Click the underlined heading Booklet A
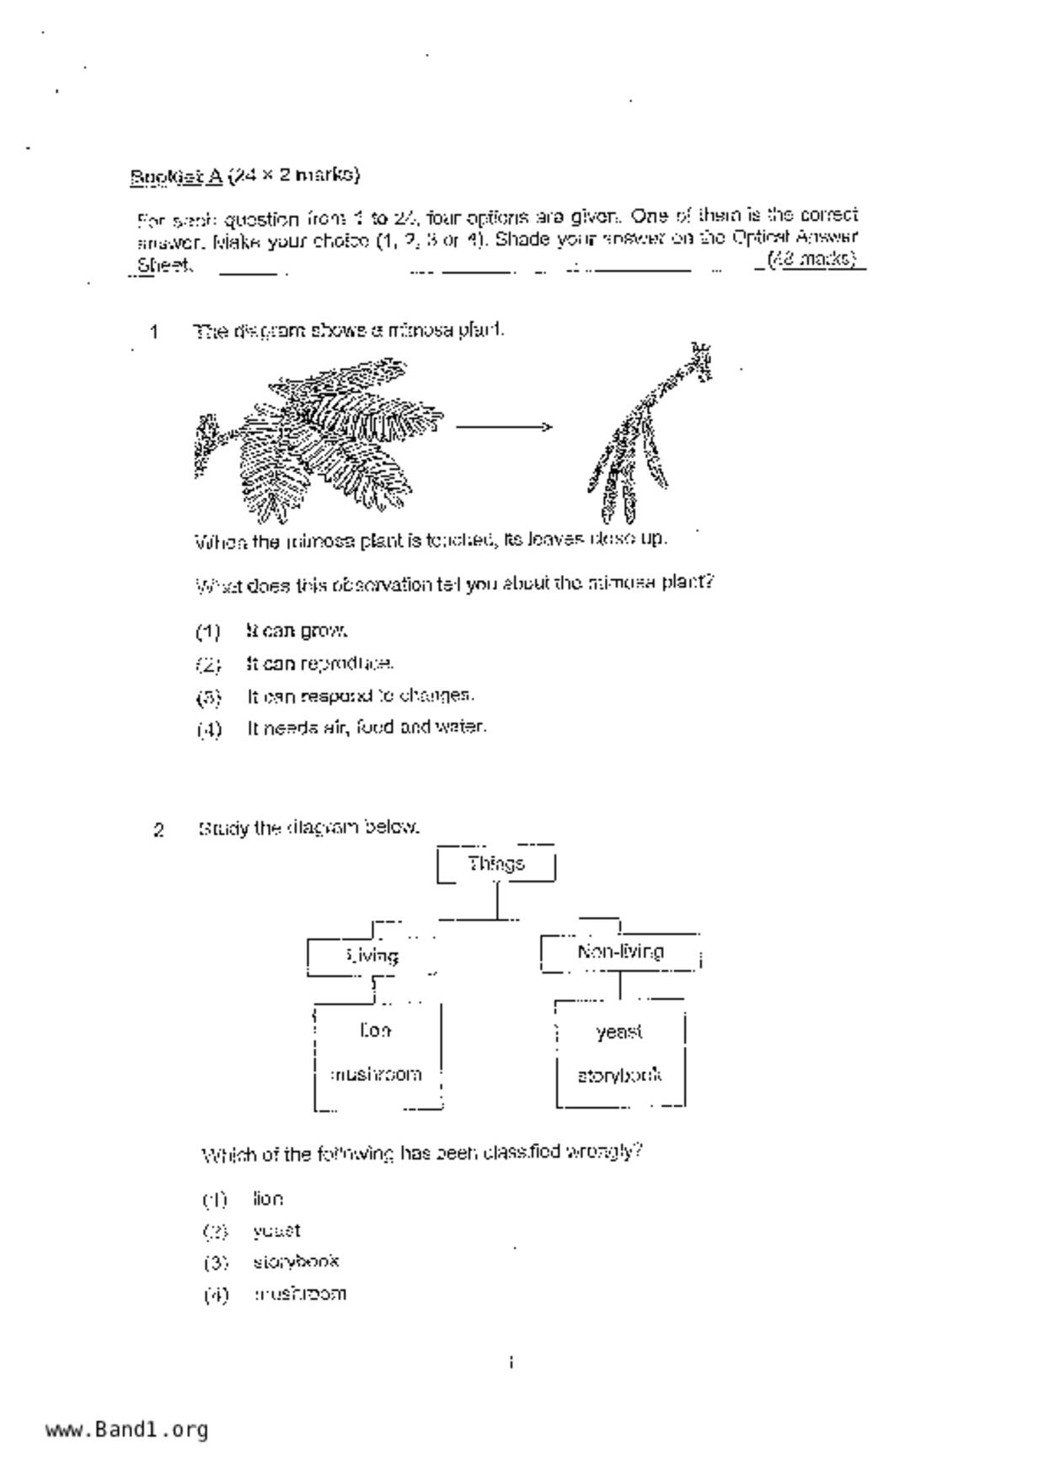point(176,176)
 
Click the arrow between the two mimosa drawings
point(504,427)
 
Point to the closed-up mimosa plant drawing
point(650,433)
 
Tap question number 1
point(154,332)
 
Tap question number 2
point(158,830)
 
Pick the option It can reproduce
point(319,664)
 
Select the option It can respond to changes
point(360,696)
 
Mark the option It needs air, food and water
point(366,728)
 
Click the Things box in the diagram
point(496,864)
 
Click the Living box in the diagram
point(372,956)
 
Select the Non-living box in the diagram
point(620,952)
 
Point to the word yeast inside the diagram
point(618,1032)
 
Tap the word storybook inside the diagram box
point(619,1075)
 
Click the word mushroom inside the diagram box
point(376,1074)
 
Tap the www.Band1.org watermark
point(127,1430)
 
